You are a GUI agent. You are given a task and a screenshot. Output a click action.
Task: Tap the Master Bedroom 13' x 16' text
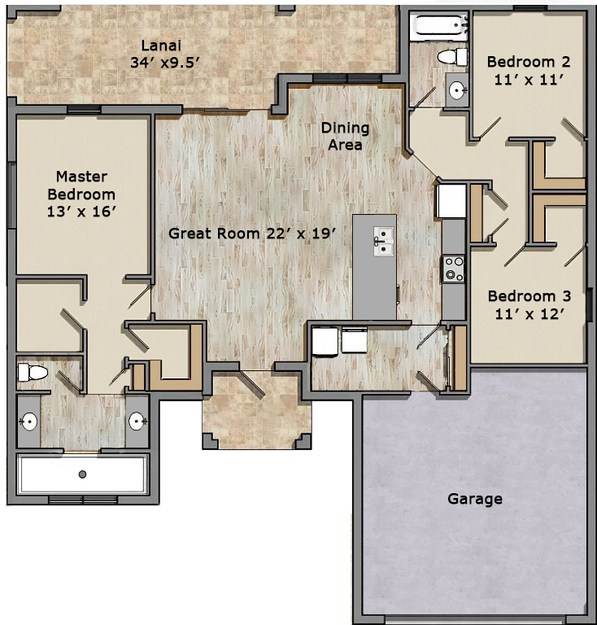click(x=81, y=194)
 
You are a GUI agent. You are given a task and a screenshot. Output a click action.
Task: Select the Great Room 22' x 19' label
click(x=252, y=234)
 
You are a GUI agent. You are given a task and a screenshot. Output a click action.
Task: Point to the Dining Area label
click(x=346, y=137)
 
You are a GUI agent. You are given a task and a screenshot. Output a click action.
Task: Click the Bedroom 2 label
click(x=529, y=71)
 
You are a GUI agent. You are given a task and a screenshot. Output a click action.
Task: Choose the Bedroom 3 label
click(x=529, y=305)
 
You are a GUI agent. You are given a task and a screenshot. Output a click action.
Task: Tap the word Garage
click(x=475, y=499)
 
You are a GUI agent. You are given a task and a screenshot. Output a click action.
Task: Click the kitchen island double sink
click(x=384, y=241)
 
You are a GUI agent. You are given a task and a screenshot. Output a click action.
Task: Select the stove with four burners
click(x=454, y=269)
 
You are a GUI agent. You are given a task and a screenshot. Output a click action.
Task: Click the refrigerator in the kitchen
click(x=452, y=200)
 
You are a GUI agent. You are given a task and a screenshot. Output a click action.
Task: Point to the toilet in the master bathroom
click(x=33, y=372)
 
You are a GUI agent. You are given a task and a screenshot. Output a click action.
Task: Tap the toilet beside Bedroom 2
click(x=452, y=57)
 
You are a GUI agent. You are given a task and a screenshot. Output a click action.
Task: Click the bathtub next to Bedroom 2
click(x=440, y=27)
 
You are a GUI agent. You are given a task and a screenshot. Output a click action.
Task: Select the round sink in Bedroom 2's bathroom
click(x=457, y=91)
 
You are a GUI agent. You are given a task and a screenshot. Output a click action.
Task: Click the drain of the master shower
click(x=82, y=474)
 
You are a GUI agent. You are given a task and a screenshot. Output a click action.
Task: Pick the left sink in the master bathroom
click(x=29, y=422)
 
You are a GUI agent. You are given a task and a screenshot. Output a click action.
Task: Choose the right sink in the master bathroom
click(x=137, y=421)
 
